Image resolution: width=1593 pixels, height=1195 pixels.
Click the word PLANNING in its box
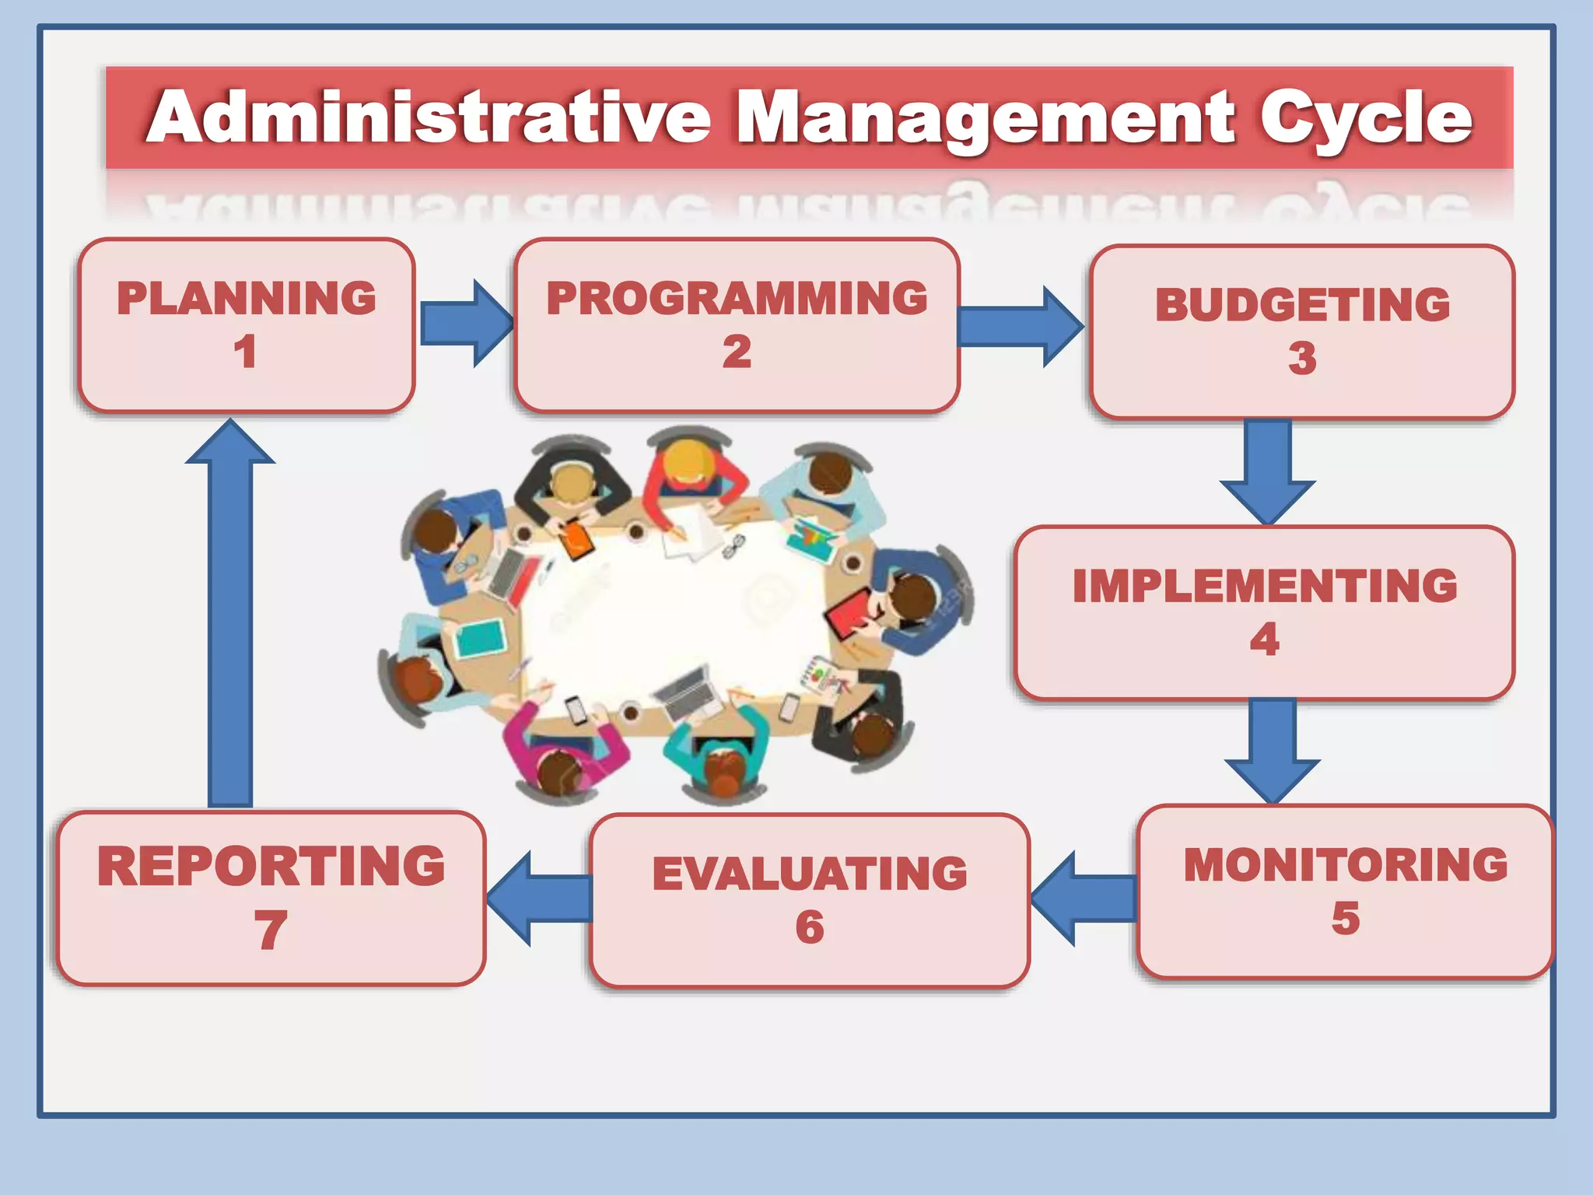coord(246,298)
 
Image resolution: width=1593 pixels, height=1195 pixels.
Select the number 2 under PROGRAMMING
coord(736,352)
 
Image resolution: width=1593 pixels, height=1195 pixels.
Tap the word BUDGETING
coord(1302,304)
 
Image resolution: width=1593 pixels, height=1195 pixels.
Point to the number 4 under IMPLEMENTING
coord(1264,640)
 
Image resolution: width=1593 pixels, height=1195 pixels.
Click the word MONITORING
coord(1346,864)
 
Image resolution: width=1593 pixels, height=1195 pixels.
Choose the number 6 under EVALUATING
coord(809,927)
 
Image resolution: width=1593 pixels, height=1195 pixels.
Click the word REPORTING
coord(271,866)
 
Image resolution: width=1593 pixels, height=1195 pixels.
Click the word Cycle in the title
coord(1365,118)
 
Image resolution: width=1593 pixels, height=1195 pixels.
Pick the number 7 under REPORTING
coord(270,930)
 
